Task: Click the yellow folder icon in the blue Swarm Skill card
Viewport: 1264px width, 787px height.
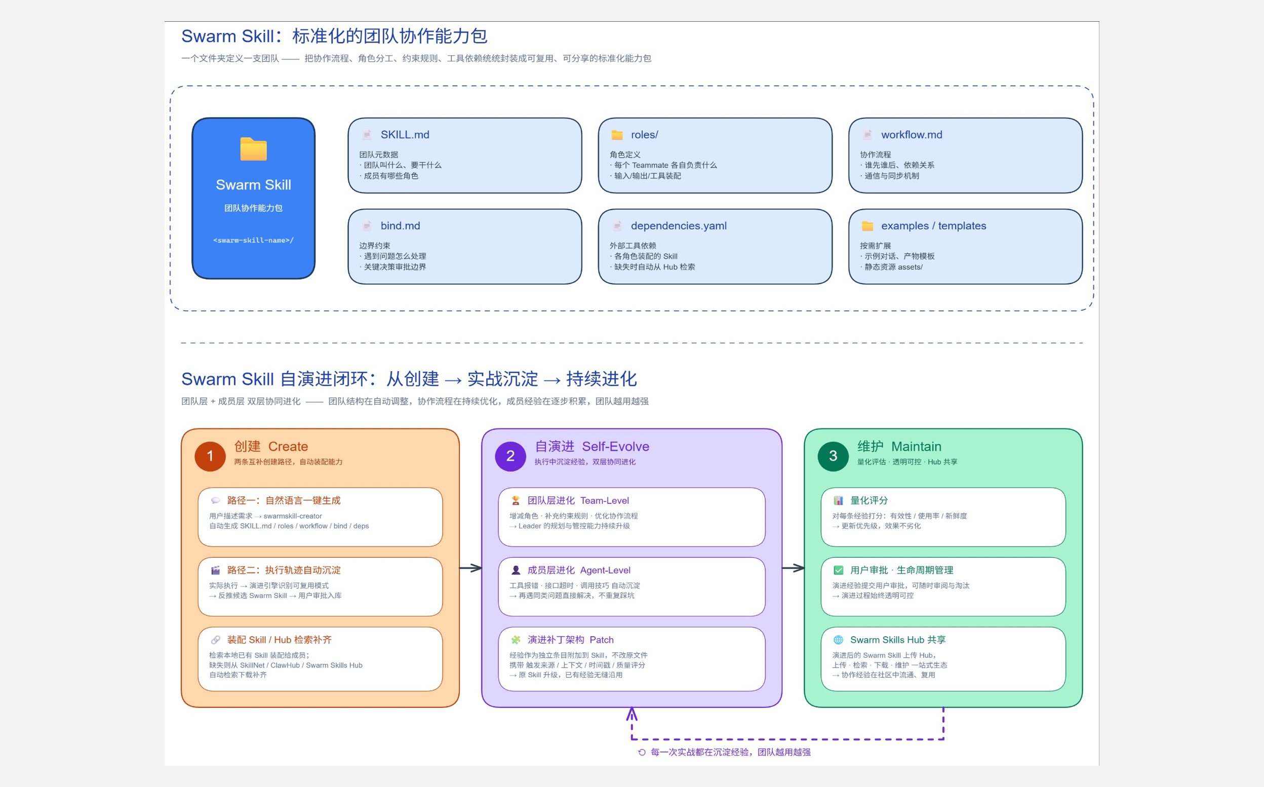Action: pos(253,149)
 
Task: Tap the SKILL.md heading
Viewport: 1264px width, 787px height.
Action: pos(405,135)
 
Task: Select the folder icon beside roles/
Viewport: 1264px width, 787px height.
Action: pos(617,135)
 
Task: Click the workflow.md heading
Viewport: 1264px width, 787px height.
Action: pos(912,135)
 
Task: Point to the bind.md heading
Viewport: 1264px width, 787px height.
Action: pos(400,226)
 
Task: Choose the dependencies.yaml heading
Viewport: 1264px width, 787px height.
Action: pos(679,226)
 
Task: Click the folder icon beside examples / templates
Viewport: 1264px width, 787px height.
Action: pos(867,226)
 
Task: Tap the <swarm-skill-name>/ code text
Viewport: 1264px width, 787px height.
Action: pos(253,241)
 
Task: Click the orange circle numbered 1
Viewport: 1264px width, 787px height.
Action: pos(210,456)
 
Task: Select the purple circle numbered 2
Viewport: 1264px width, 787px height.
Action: pos(510,456)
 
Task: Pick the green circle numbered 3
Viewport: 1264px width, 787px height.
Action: pos(833,456)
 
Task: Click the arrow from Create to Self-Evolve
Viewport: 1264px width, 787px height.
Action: pos(470,568)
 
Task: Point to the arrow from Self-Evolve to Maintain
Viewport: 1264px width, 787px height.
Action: pos(793,568)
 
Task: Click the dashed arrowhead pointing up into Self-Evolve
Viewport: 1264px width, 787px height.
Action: pos(631,713)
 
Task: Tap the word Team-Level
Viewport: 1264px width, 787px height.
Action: pos(605,501)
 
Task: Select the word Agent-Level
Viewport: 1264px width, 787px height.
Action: pos(605,570)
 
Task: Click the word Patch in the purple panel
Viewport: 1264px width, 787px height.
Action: pos(602,640)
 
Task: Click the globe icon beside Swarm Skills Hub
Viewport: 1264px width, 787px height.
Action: pos(838,640)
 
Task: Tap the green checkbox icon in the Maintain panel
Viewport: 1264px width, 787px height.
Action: pos(838,570)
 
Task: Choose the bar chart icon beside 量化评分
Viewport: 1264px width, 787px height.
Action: pos(838,501)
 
